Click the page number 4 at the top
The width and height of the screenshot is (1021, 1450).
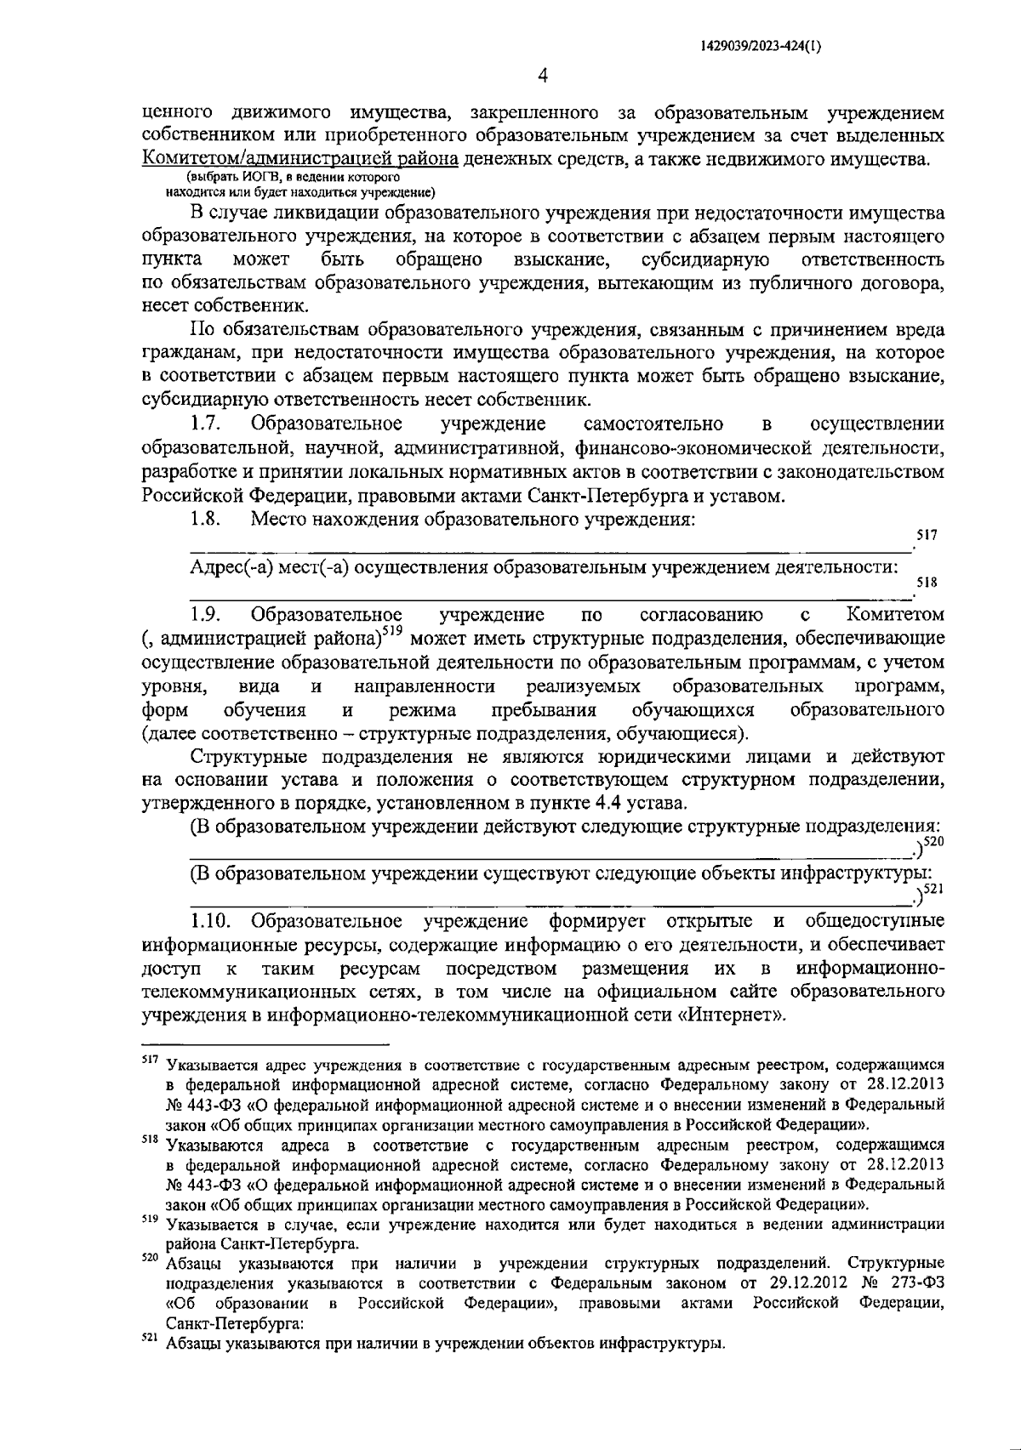coord(543,77)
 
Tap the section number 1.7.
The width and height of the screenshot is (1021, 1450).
coord(206,424)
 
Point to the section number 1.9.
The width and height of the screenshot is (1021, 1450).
coord(206,614)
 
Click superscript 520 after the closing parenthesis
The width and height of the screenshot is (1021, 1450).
coord(934,842)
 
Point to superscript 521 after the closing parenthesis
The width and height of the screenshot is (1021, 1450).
coord(934,890)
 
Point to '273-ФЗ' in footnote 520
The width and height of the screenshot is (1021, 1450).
coord(917,1282)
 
